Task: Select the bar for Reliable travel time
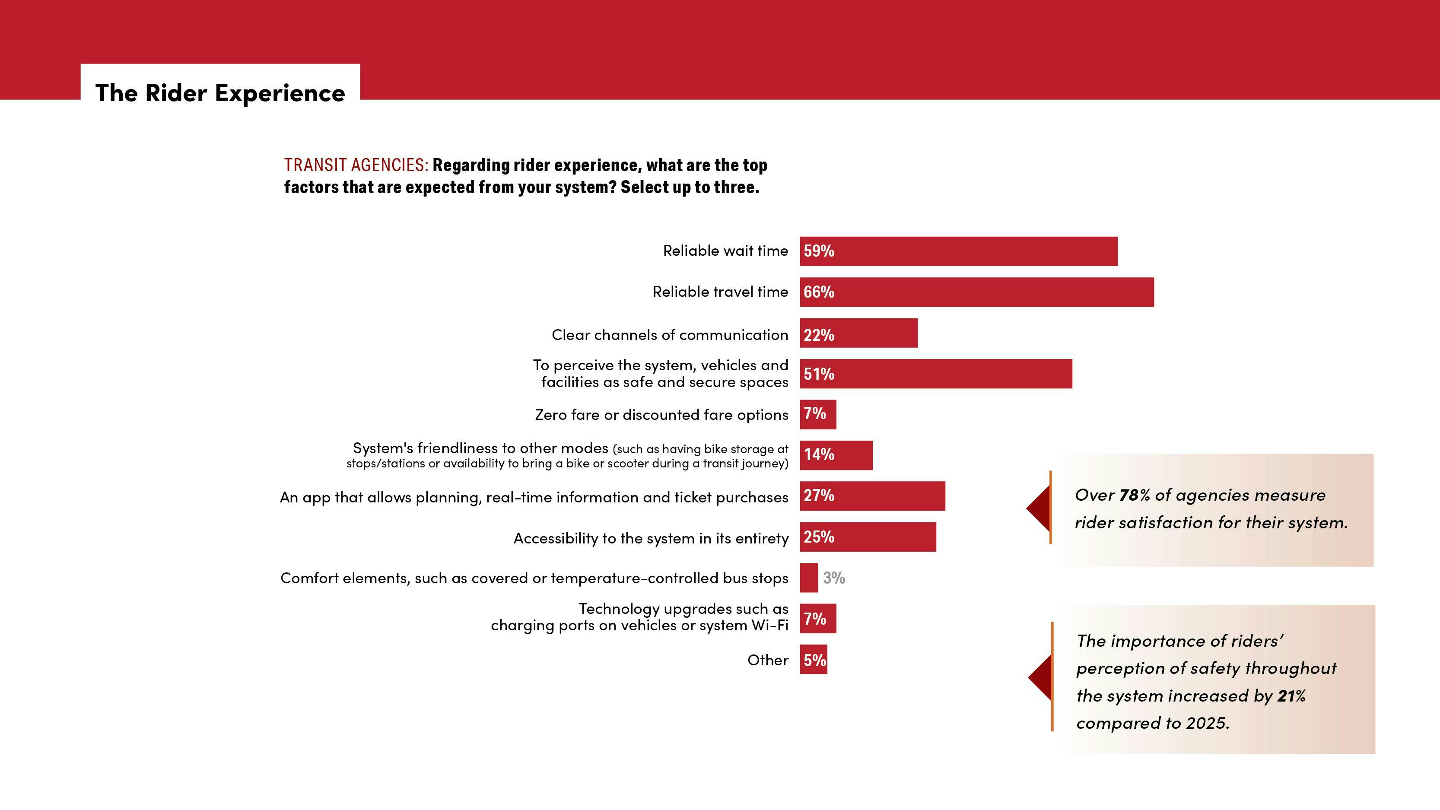pyautogui.click(x=976, y=292)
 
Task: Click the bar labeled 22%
pyautogui.click(x=858, y=333)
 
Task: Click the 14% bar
pyautogui.click(x=836, y=455)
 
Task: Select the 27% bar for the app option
pyautogui.click(x=872, y=496)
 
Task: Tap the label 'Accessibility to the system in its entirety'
pyautogui.click(x=651, y=538)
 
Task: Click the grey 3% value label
pyautogui.click(x=833, y=578)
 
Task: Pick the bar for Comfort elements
pyautogui.click(x=808, y=578)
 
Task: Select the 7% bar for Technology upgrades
pyautogui.click(x=818, y=619)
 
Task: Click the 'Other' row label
pyautogui.click(x=767, y=660)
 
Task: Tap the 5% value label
pyautogui.click(x=814, y=660)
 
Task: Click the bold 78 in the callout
pyautogui.click(x=1128, y=495)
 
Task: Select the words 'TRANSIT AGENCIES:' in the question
pyautogui.click(x=356, y=165)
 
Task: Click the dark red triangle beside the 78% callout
pyautogui.click(x=1039, y=508)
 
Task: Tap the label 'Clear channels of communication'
pyautogui.click(x=669, y=335)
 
